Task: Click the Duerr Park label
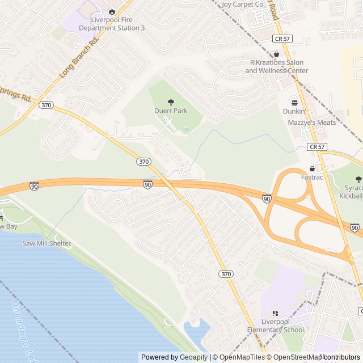[171, 111]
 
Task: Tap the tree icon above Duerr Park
[171, 102]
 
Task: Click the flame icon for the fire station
[112, 11]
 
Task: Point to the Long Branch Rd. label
[79, 57]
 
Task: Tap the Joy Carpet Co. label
[243, 4]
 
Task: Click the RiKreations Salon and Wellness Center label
[277, 66]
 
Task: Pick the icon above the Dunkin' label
[294, 102]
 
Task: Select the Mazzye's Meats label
[311, 122]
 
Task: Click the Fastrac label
[311, 178]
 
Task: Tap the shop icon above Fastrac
[311, 168]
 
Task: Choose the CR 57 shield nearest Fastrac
[316, 146]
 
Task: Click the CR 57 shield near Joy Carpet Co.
[281, 39]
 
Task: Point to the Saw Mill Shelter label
[47, 243]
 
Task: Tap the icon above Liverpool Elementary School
[275, 313]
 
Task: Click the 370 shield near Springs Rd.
[47, 104]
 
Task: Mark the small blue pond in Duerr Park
[186, 130]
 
